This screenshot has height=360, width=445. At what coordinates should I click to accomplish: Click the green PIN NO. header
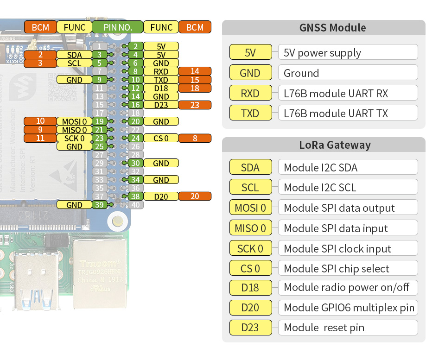(x=118, y=27)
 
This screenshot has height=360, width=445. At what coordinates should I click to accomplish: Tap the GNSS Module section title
(x=332, y=27)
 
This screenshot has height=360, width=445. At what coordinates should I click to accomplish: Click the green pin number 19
(x=99, y=121)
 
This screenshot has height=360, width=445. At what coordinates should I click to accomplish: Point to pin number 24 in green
(x=135, y=138)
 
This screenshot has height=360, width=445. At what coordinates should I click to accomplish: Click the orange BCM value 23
(x=195, y=105)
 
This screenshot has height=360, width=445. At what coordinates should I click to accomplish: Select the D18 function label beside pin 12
(x=161, y=88)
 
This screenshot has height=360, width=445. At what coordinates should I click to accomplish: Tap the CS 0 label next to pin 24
(x=161, y=138)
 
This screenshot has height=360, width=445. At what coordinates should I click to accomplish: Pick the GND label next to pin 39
(x=74, y=205)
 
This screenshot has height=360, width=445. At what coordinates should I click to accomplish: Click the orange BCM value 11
(x=40, y=138)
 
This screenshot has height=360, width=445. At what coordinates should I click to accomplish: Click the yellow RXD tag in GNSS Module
(x=250, y=94)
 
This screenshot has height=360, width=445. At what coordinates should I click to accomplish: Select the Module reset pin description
(x=324, y=328)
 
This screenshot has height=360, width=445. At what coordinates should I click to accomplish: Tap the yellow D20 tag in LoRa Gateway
(x=250, y=308)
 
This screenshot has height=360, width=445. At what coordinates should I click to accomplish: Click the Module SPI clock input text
(x=337, y=249)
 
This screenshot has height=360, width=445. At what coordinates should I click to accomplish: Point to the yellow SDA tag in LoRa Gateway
(x=250, y=167)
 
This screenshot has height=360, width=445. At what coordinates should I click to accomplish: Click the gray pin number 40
(x=135, y=205)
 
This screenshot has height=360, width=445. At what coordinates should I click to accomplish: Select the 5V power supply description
(x=322, y=53)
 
